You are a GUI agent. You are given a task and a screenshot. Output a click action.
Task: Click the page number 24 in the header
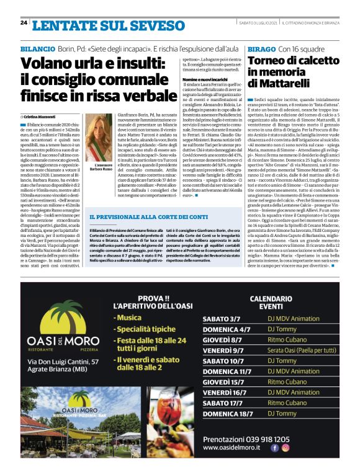pyautogui.click(x=24, y=22)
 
